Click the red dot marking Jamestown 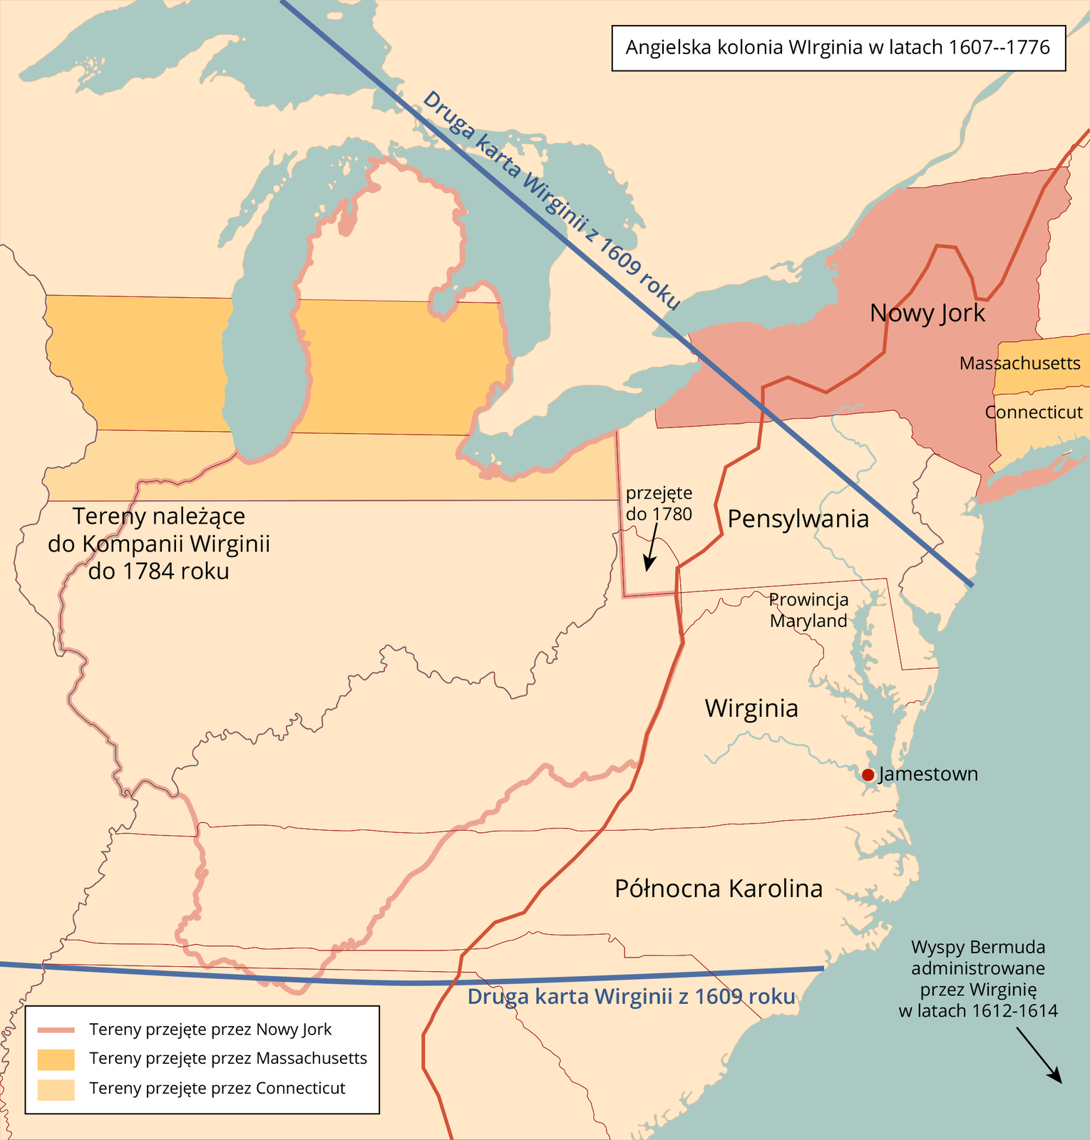(x=868, y=774)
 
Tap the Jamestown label (x=928, y=774)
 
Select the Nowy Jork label (x=927, y=313)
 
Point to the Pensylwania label (x=798, y=519)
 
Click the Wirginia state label (x=751, y=708)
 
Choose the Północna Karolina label (x=719, y=888)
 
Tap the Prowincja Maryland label (x=809, y=611)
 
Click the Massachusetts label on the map (x=1019, y=363)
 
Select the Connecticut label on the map (x=1034, y=413)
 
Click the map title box (x=838, y=48)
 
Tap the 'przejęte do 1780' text (x=659, y=504)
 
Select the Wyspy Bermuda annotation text (x=978, y=979)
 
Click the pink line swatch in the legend (x=56, y=1030)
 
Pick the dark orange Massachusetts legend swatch (x=56, y=1059)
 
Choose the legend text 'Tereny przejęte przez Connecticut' (x=217, y=1089)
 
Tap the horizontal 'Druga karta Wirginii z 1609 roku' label (x=631, y=997)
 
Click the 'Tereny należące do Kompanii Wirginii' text (x=159, y=544)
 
